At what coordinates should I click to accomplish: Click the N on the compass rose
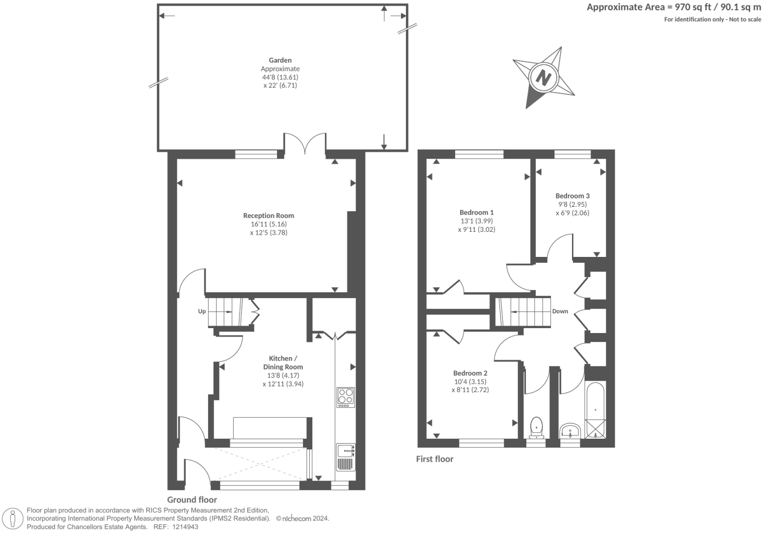543,78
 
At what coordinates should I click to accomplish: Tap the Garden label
280,60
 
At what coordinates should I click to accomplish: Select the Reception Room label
269,216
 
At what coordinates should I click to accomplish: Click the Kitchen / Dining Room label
283,363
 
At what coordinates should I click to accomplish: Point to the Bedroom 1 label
476,212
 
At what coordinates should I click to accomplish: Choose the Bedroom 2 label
470,373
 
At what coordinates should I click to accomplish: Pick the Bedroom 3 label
572,196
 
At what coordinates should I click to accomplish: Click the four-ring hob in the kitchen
346,397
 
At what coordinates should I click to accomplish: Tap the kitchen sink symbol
346,450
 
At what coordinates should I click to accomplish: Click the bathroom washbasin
570,431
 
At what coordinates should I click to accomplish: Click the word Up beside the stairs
202,311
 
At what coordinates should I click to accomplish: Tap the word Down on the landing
560,311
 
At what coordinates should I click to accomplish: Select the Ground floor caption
192,500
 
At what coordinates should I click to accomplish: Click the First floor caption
435,459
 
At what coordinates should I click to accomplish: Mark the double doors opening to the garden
305,143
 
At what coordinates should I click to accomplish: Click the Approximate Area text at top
674,7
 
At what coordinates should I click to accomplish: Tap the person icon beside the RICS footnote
13,519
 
